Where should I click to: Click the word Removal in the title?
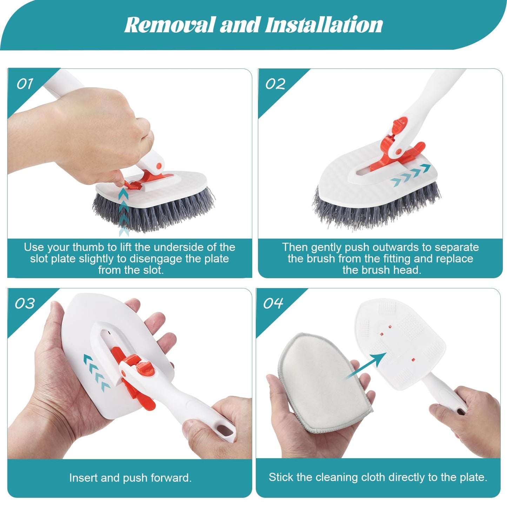pyautogui.click(x=169, y=25)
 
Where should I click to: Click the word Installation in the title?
pyautogui.click(x=324, y=25)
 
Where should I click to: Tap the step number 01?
pyautogui.click(x=25, y=84)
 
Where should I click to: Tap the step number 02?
pyautogui.click(x=275, y=84)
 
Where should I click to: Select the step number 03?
pyautogui.click(x=25, y=303)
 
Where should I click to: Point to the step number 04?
pyautogui.click(x=273, y=303)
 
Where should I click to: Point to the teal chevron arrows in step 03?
pyautogui.click(x=96, y=373)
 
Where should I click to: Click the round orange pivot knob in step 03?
pyautogui.click(x=145, y=368)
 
